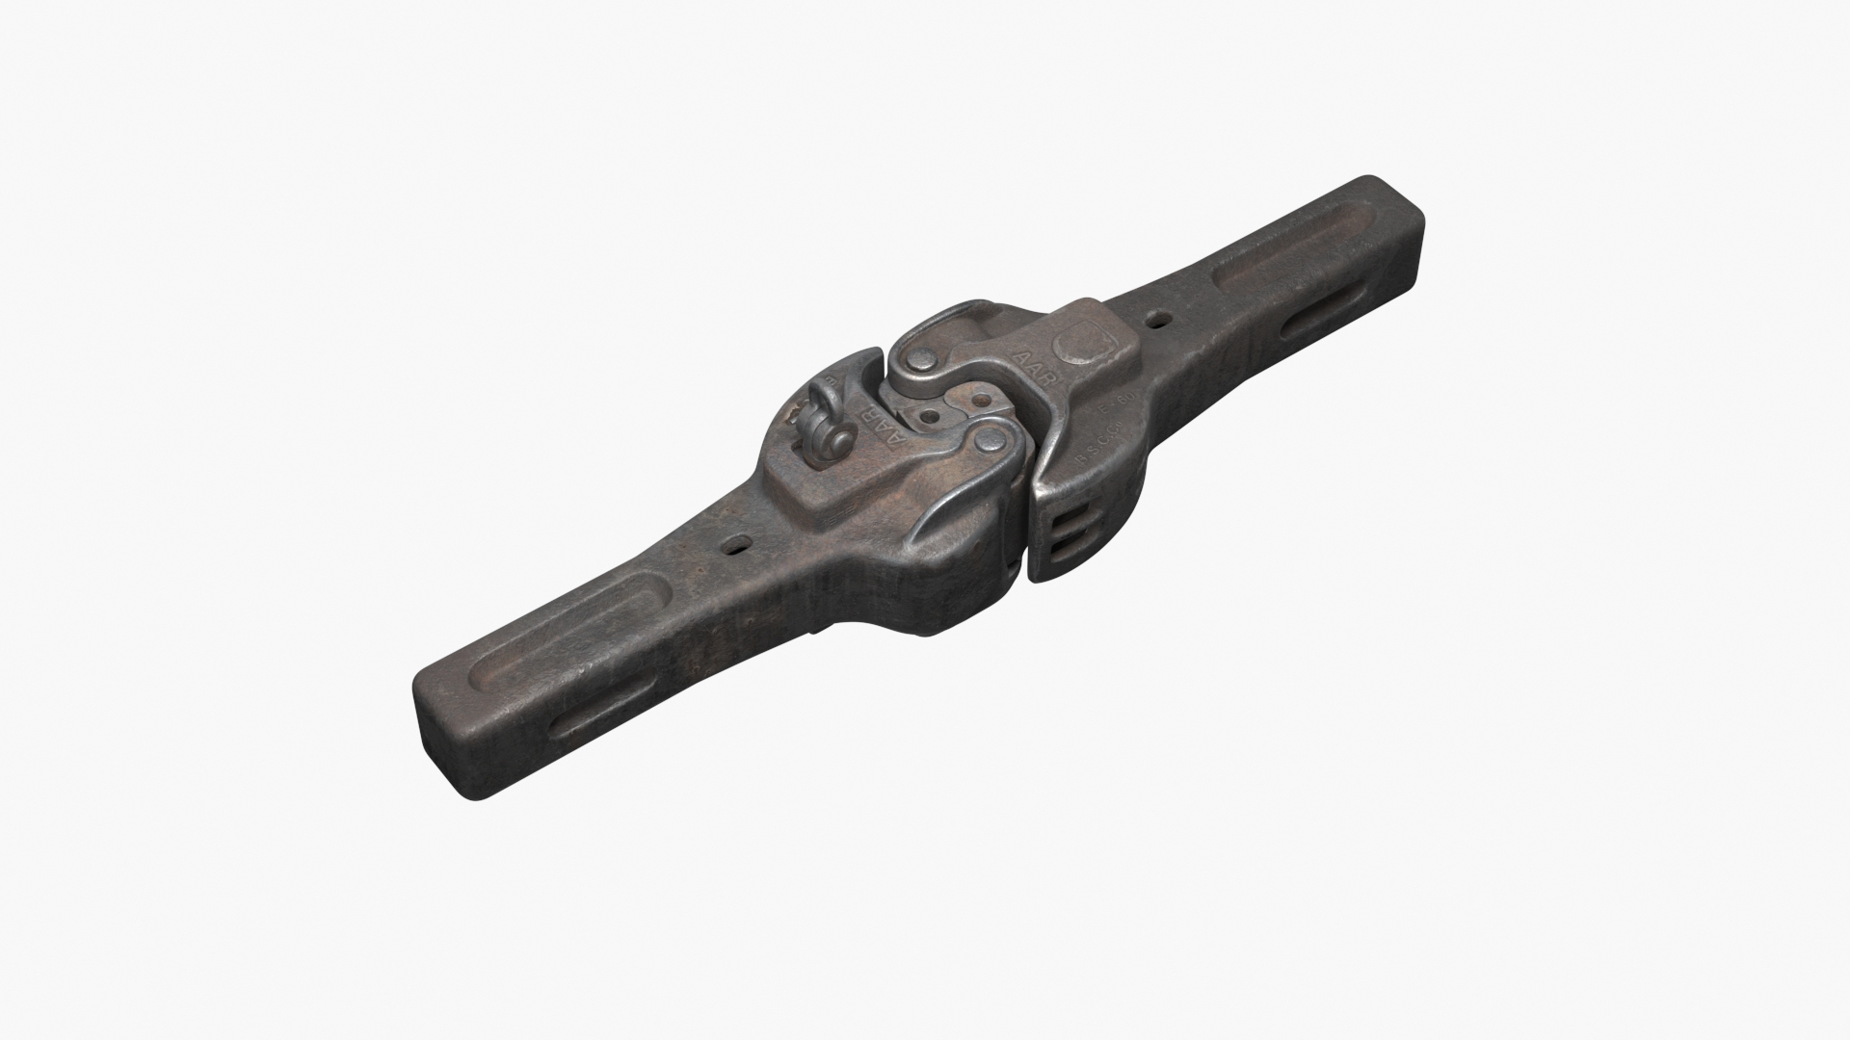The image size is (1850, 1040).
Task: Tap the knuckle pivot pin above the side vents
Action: pyautogui.click(x=990, y=444)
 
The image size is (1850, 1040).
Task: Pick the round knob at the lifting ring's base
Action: pyautogui.click(x=837, y=443)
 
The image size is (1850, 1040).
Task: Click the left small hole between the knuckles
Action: pyautogui.click(x=931, y=416)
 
